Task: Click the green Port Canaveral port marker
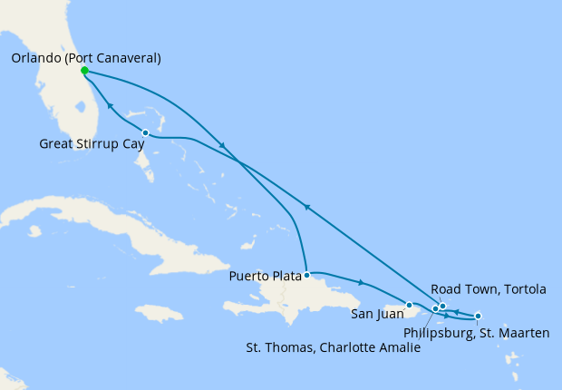(x=83, y=71)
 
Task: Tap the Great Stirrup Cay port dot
(x=145, y=132)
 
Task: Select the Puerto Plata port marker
(x=307, y=274)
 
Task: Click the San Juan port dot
(x=410, y=305)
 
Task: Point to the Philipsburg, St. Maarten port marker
(x=478, y=316)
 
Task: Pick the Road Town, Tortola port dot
(x=442, y=306)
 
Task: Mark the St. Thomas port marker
(x=435, y=309)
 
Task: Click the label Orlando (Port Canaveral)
(x=87, y=58)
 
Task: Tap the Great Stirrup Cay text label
(x=89, y=143)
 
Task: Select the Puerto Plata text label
(x=265, y=276)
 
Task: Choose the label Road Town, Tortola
(x=488, y=289)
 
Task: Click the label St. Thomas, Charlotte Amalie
(x=334, y=346)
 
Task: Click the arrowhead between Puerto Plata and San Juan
(x=362, y=282)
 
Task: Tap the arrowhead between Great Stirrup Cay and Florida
(x=110, y=107)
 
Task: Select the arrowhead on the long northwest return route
(x=307, y=208)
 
